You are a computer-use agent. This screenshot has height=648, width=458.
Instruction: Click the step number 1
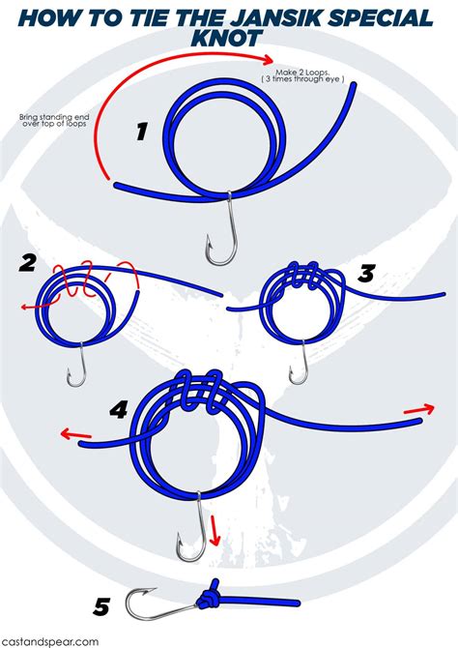point(141,132)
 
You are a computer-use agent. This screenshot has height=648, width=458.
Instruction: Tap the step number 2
point(28,263)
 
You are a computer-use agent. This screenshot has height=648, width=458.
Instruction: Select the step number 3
point(365,274)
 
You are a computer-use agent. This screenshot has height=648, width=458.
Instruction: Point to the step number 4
point(119,409)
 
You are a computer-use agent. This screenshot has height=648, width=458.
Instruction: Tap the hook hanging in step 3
point(301,364)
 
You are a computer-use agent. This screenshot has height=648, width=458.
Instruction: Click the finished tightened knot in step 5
point(210,601)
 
